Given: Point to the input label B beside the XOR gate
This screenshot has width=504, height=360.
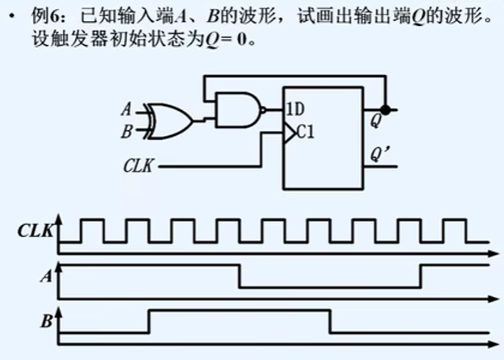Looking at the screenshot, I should (125, 129).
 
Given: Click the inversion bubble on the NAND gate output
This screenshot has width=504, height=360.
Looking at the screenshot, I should (264, 109).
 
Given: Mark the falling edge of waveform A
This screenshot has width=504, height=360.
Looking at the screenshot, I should (239, 275).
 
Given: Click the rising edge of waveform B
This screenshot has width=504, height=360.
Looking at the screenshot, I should (149, 320).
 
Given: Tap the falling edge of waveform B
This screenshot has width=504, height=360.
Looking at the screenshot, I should (329, 320).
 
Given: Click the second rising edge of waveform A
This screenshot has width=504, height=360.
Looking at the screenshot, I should (420, 275).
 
